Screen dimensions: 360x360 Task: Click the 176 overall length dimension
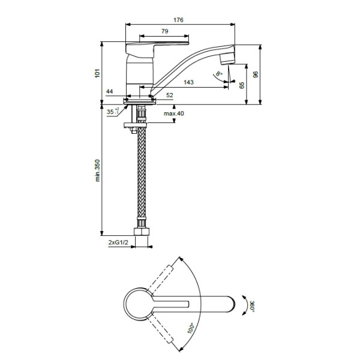tap(179, 20)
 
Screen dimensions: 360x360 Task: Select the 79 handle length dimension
tap(164, 31)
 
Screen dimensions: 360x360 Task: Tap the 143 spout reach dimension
tap(188, 82)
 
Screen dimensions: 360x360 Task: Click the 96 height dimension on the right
tap(256, 74)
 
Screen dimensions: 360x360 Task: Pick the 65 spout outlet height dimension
tap(242, 85)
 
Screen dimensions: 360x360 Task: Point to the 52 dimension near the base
tap(169, 95)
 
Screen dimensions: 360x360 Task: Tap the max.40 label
tap(173, 113)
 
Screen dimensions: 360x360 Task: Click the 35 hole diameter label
tap(111, 112)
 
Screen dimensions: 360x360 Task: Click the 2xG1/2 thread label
tap(118, 243)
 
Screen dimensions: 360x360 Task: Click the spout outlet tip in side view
tap(226, 59)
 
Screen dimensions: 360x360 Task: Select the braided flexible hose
tap(142, 180)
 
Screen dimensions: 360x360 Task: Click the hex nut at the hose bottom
tap(142, 232)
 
